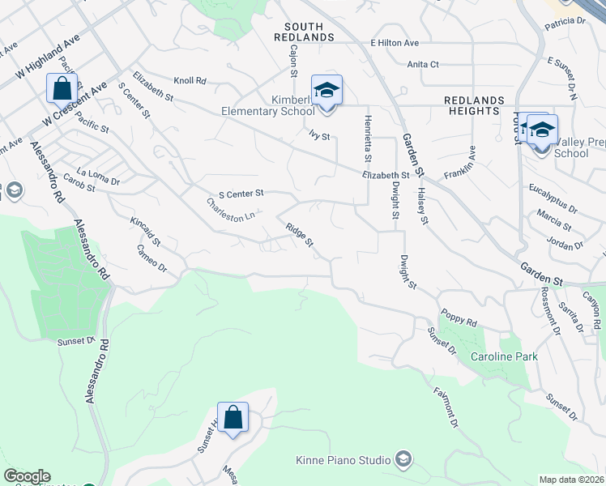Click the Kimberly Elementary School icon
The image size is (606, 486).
(x=326, y=89)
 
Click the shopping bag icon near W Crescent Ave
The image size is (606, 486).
(x=62, y=87)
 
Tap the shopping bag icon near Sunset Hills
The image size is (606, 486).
(x=233, y=418)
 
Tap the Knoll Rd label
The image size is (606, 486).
(x=190, y=81)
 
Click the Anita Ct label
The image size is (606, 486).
(x=423, y=64)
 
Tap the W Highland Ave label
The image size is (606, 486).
(x=41, y=53)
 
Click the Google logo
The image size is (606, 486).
(x=27, y=476)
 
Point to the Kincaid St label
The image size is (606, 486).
(x=146, y=230)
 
